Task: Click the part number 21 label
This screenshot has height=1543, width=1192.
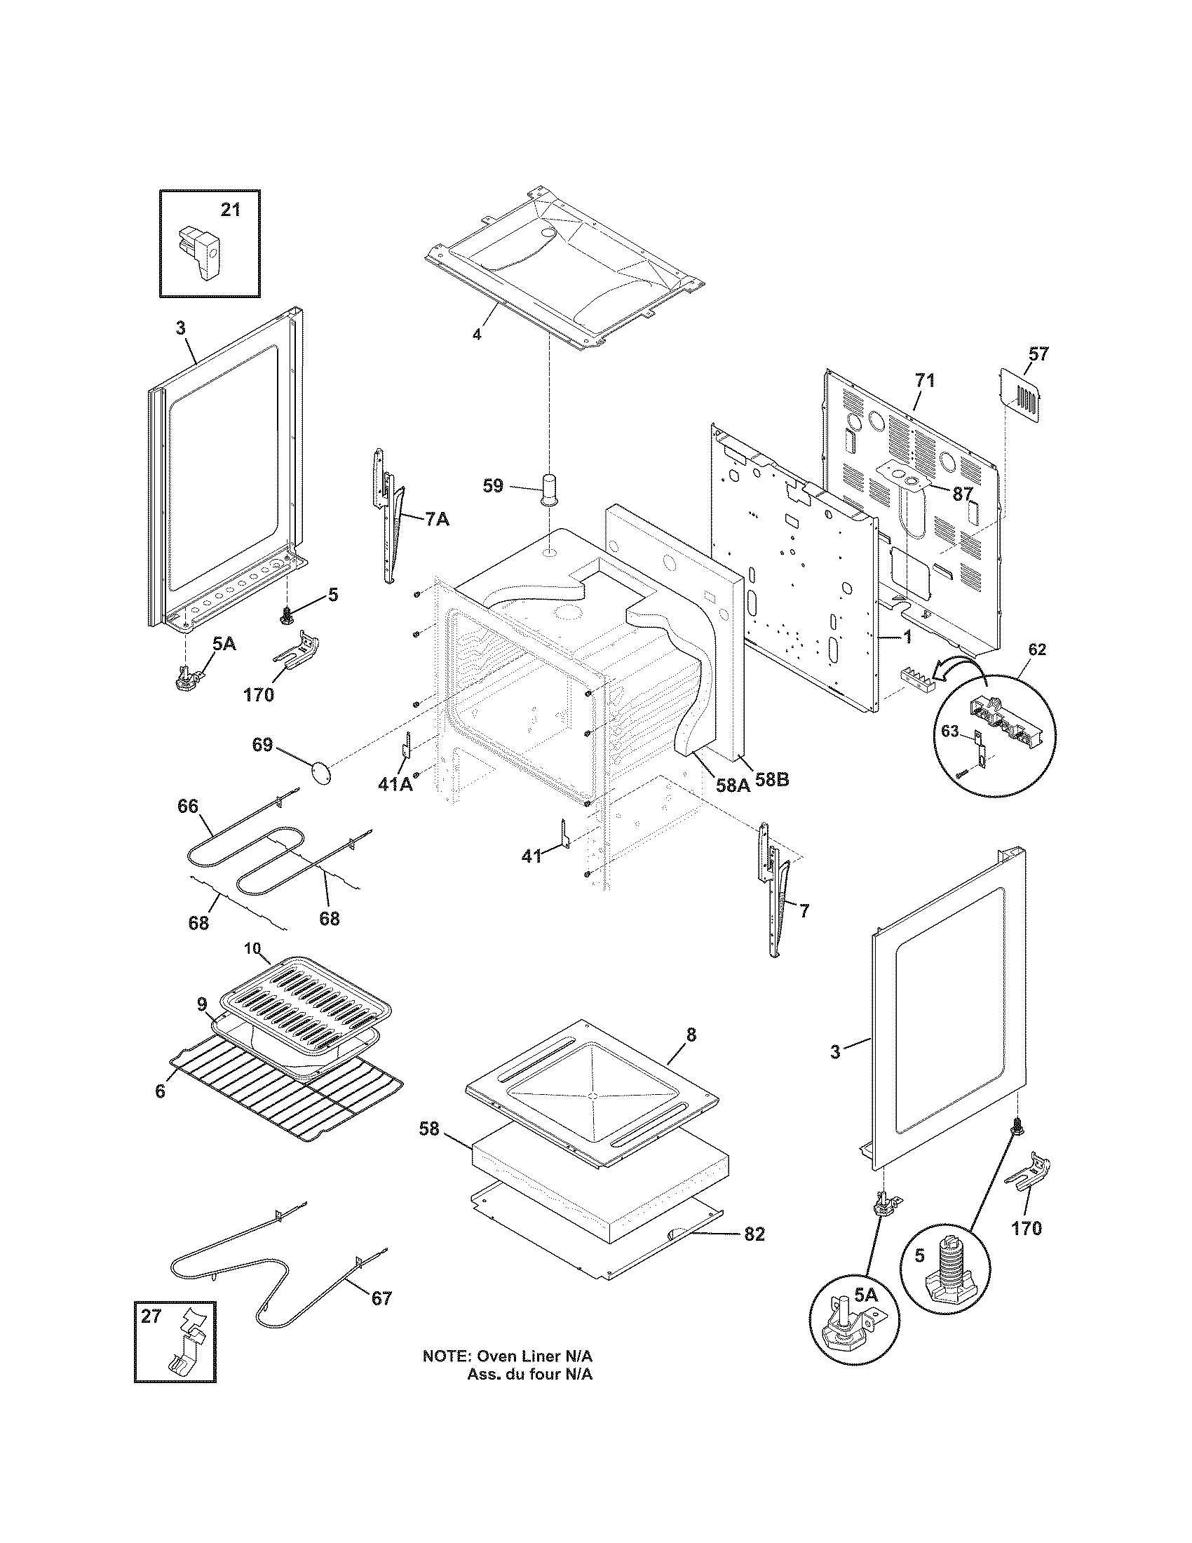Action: coord(230,210)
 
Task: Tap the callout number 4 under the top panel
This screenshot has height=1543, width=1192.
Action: coord(477,335)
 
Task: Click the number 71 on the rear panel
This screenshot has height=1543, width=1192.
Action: coord(924,381)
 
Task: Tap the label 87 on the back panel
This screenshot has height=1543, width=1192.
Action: coord(963,494)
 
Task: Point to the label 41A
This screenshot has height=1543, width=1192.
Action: coord(395,784)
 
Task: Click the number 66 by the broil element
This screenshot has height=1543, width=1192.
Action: coord(188,807)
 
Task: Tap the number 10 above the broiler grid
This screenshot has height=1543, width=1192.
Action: coord(253,948)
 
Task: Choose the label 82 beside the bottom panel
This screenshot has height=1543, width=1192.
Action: coord(754,1234)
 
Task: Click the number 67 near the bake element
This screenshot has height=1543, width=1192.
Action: coord(381,1298)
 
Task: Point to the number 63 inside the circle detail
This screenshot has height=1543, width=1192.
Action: coord(951,731)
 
